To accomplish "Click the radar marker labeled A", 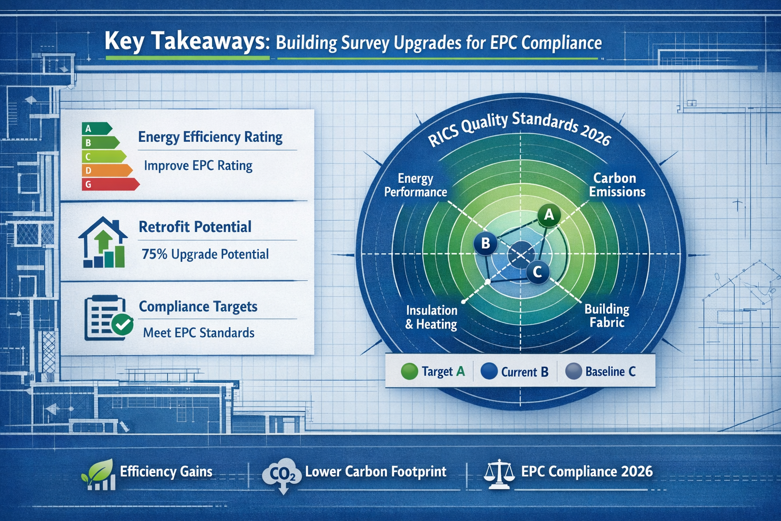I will (x=549, y=215).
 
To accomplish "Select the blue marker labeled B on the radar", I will (x=486, y=243).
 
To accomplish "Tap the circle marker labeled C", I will (x=537, y=272).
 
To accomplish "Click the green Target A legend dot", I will (x=409, y=371).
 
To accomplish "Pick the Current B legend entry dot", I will (x=489, y=371).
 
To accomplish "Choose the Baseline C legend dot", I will (x=574, y=371).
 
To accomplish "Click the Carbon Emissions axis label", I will (x=617, y=185).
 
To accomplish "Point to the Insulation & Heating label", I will (x=431, y=317).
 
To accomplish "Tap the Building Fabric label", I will (x=607, y=315).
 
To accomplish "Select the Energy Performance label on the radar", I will (x=415, y=185).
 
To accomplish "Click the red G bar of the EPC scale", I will (x=109, y=184).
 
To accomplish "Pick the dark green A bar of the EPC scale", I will (x=96, y=129).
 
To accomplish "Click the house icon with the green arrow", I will (x=103, y=243).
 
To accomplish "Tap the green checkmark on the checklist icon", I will (x=122, y=324).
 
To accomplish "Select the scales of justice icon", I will (x=498, y=474).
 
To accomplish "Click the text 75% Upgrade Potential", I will (x=205, y=254).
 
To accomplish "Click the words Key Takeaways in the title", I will (x=186, y=41).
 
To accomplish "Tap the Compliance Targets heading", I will (x=198, y=307).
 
